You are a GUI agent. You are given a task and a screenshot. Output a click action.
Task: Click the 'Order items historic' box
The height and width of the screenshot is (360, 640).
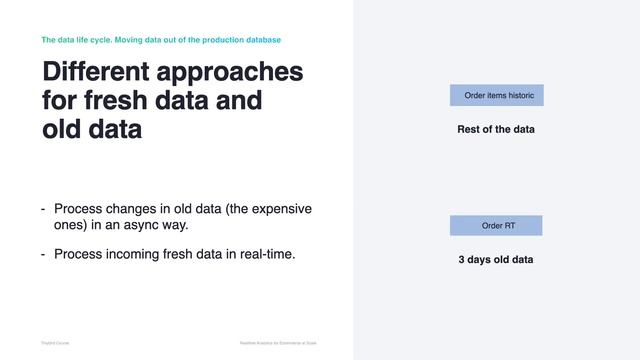[x=496, y=96]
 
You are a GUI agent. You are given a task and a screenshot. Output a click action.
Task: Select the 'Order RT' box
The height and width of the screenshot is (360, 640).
[x=496, y=226]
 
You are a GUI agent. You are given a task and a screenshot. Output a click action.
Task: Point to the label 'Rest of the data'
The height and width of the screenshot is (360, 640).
[x=496, y=130]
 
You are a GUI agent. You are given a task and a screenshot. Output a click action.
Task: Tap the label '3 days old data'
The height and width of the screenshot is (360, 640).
[x=496, y=260]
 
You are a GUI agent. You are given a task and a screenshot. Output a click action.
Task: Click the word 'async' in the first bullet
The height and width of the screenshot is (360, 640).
[x=145, y=225]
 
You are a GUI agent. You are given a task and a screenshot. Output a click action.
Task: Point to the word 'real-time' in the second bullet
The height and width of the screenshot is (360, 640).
[x=264, y=254]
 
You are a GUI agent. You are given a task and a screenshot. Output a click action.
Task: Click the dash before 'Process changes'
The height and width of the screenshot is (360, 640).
[x=43, y=209]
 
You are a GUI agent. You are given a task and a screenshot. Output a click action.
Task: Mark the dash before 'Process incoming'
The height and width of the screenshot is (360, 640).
[x=43, y=254]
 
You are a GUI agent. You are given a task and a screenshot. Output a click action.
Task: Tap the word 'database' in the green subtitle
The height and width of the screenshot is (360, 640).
[x=261, y=40]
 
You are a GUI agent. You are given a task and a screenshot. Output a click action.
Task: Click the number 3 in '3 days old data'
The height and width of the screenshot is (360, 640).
[x=462, y=260]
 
